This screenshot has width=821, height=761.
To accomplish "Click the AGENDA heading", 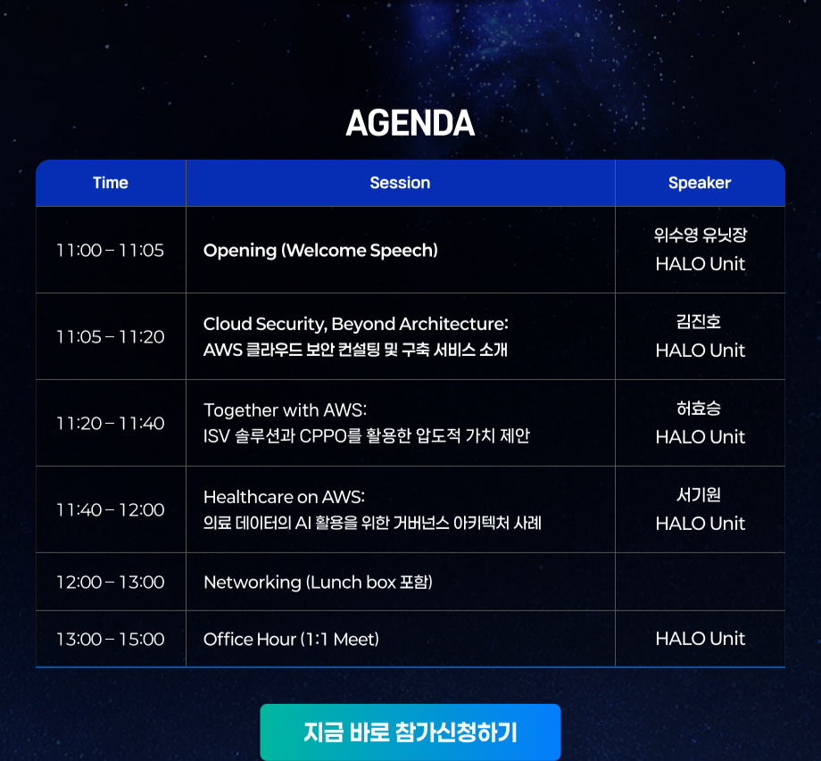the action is pos(410,123).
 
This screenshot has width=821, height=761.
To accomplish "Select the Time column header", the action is pos(111,183).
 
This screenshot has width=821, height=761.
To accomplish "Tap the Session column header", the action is pos(400,183).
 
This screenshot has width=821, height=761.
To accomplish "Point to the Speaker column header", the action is pos(700,183).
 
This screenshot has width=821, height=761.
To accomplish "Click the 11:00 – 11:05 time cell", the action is pos(111,250).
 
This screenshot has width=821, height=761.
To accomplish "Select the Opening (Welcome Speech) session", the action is pos(320,250).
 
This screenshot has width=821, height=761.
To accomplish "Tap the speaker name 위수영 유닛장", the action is pos(700,235).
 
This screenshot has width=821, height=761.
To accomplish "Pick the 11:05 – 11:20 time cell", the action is pos(111,336).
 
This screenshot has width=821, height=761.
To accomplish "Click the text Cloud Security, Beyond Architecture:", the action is pos(355,324).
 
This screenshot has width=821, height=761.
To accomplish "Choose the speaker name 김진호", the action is pos(699,321).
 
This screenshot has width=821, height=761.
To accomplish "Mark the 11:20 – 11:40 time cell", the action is pos(111,423).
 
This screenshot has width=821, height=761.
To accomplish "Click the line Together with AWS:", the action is pos(285,410).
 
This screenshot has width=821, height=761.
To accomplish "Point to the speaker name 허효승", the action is pos(699,408).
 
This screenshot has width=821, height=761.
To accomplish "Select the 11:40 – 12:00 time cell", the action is pos(111,509).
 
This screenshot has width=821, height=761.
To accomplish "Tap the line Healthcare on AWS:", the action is pos(284,497).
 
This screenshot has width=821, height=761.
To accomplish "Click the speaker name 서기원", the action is pos(699,494).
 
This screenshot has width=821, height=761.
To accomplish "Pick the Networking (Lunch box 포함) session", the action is pos(318,582).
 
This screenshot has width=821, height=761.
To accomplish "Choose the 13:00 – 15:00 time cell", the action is pos(111,639).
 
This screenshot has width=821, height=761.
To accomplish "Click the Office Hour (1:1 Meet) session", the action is pos(291,639).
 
